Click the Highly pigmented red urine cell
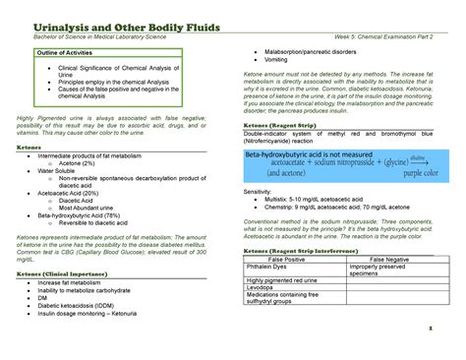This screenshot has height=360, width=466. (x=288, y=281)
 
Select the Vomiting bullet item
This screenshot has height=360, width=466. (x=277, y=60)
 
